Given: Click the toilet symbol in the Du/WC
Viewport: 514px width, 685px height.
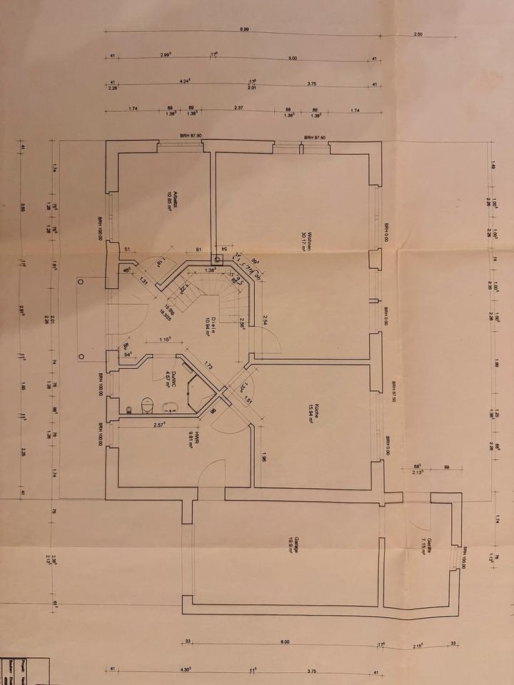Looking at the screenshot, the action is pos(148,405).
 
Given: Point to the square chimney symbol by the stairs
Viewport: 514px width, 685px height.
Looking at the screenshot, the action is pos(216,260).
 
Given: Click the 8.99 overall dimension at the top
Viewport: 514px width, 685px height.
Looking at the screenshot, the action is pos(244,29).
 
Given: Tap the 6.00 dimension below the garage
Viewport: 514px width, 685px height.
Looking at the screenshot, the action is pos(285,643).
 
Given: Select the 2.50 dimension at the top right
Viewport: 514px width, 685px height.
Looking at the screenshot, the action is pos(418,34).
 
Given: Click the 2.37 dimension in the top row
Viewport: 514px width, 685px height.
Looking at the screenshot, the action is pos(238,108).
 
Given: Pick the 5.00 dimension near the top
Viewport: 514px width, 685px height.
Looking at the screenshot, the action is pos(293,58).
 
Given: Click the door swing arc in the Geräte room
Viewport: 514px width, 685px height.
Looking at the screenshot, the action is pos(418,510).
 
